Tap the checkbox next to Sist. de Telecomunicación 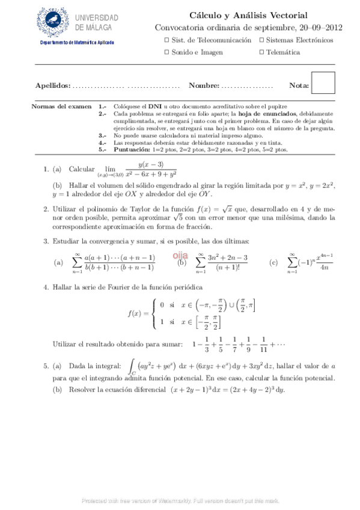166,40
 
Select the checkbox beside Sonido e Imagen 166,52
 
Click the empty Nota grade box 324,82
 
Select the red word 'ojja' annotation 182,255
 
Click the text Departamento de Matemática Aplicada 77,43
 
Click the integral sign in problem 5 132,366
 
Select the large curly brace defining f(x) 156,313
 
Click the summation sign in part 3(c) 293,262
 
